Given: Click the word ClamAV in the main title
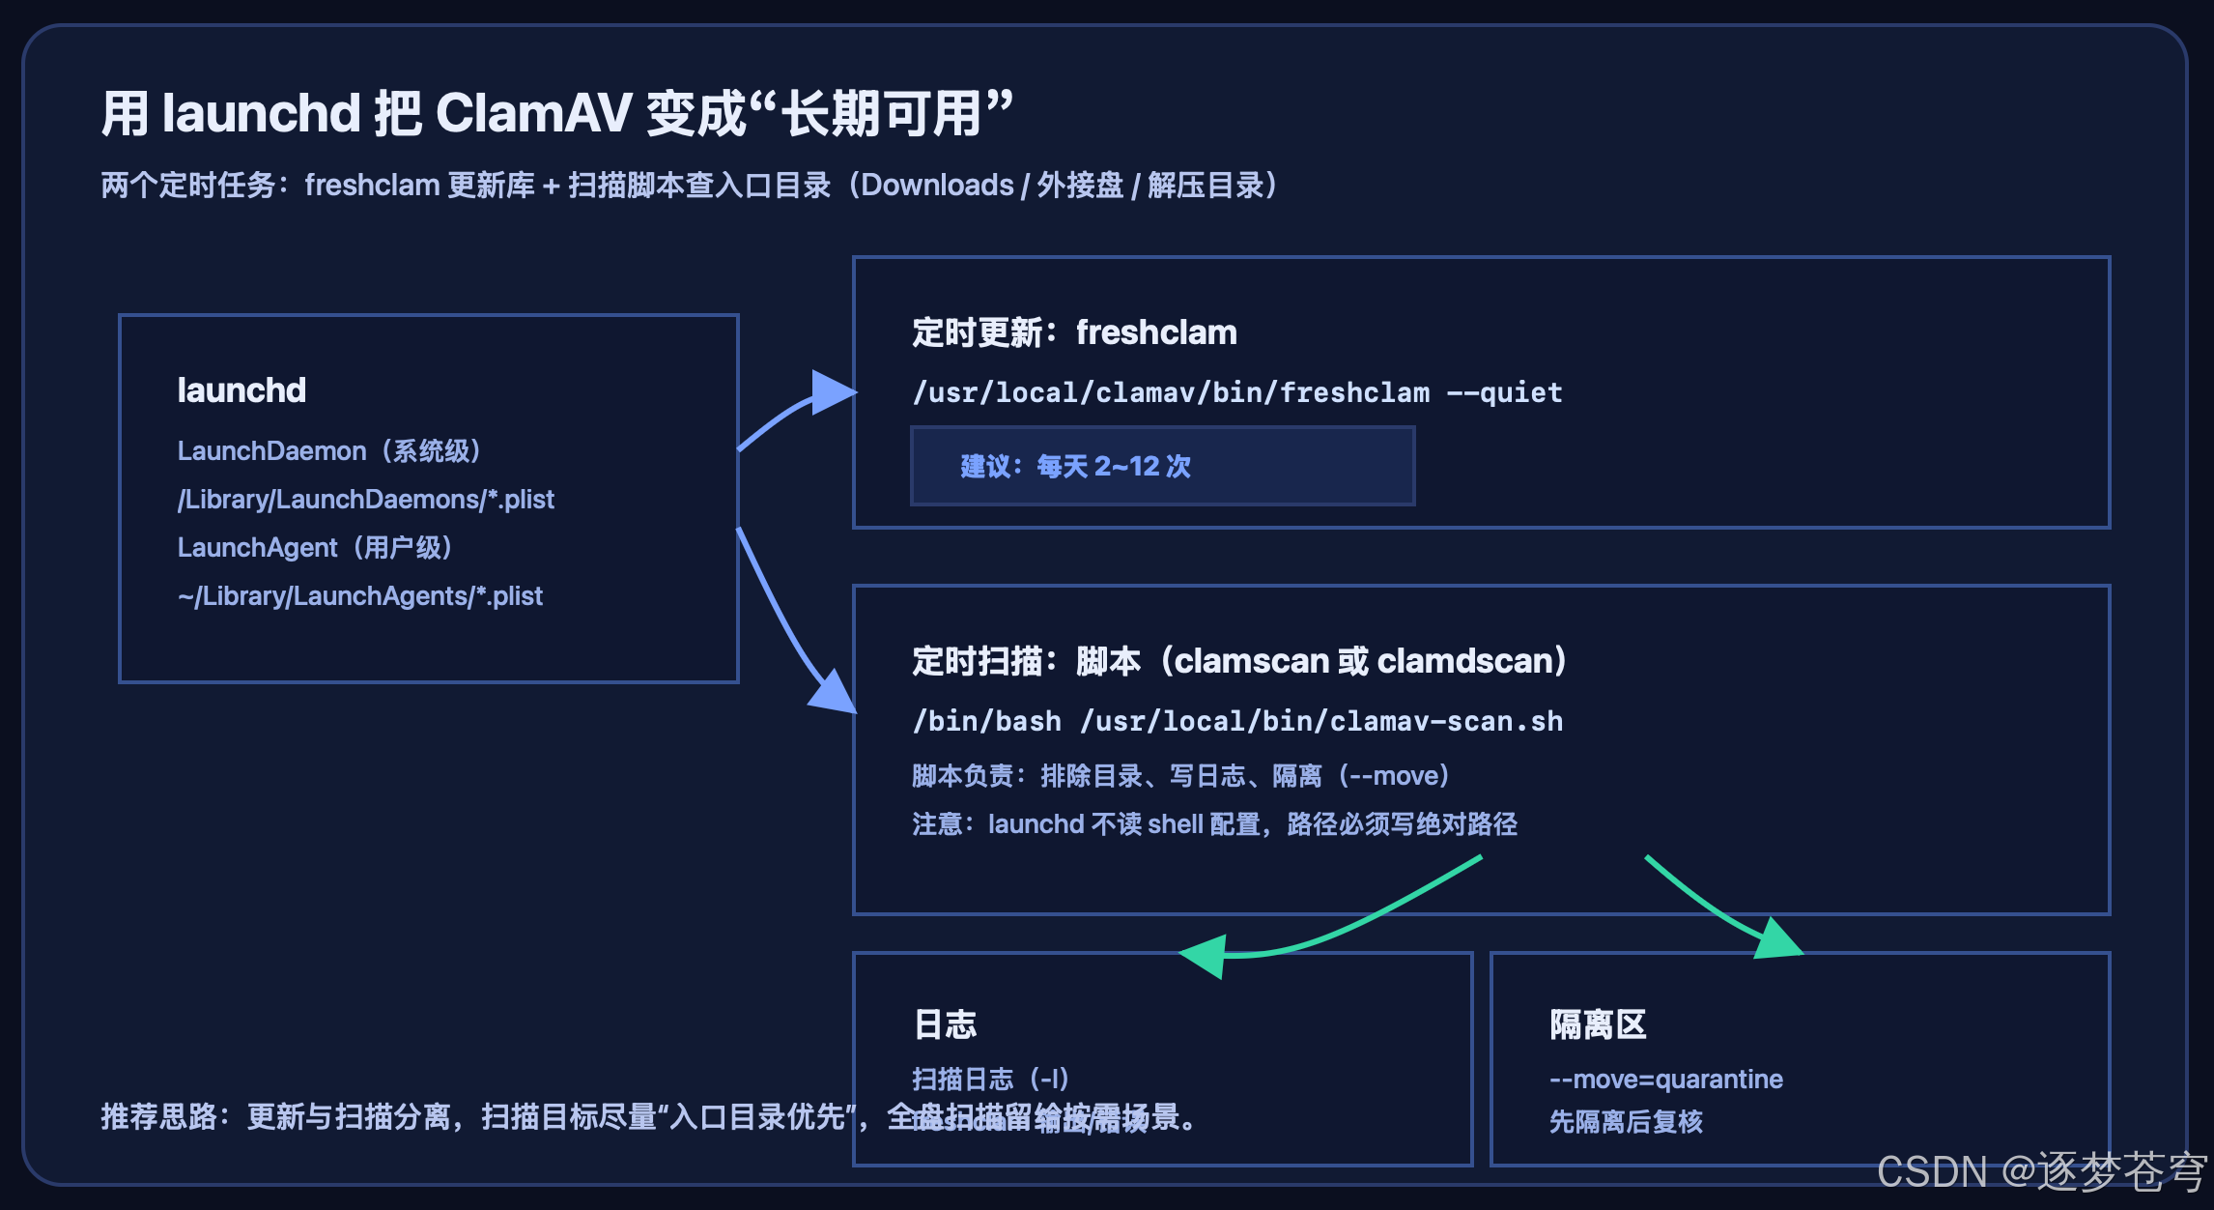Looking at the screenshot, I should [x=533, y=113].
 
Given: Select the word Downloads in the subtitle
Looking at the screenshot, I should [x=937, y=185].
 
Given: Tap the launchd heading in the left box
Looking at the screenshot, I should [x=241, y=390].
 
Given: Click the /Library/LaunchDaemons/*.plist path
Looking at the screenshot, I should [x=365, y=500].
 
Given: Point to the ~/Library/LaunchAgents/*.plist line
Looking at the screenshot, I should [x=359, y=596].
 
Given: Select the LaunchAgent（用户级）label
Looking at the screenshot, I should [x=315, y=548].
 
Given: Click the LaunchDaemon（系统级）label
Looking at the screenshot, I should [x=329, y=451].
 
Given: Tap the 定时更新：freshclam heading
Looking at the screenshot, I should [x=1074, y=332].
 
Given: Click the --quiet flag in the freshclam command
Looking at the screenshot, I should [x=1504, y=392].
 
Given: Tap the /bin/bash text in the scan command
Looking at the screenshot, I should [x=986, y=721].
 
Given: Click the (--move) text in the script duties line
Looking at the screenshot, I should [x=1394, y=775].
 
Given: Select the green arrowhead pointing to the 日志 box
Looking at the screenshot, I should [x=1206, y=956].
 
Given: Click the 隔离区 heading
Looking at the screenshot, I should [x=1598, y=1024].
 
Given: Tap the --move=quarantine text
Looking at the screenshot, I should [x=1665, y=1079].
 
